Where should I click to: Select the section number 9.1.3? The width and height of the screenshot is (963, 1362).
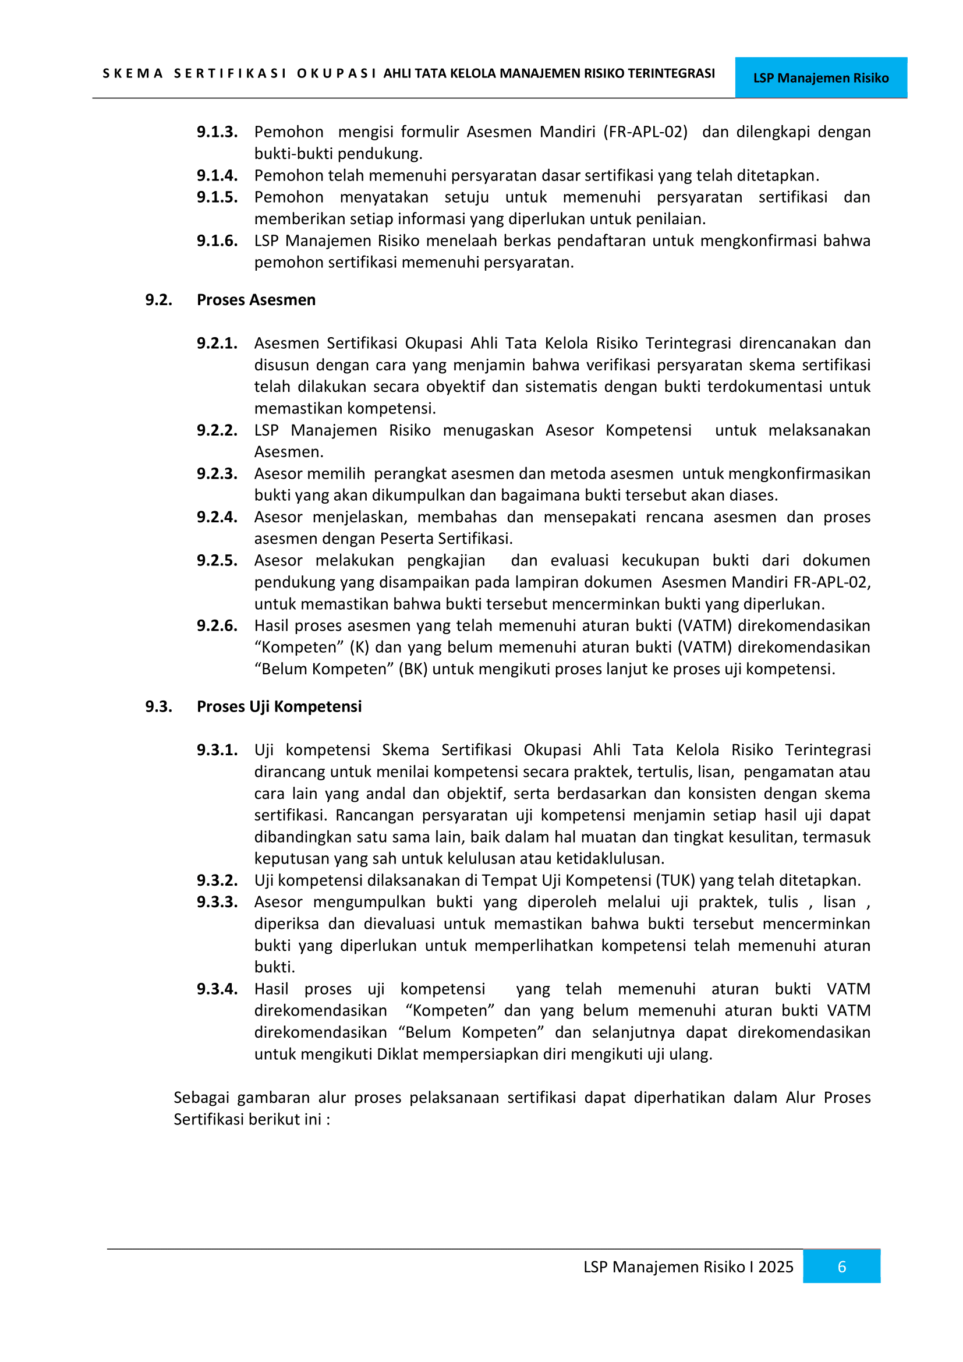[217, 132]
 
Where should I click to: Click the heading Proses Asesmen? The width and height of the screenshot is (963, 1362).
[256, 299]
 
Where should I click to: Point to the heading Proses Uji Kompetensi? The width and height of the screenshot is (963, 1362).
[279, 706]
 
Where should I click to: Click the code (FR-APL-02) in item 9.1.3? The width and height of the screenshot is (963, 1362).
[645, 132]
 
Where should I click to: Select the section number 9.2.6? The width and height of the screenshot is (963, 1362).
[217, 625]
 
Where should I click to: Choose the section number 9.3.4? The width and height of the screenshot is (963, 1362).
[217, 988]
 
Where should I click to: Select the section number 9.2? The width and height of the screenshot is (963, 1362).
[158, 299]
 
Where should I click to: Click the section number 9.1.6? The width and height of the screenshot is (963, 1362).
[217, 240]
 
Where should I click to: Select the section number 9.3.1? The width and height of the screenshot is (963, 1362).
[217, 749]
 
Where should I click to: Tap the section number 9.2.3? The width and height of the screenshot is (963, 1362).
[217, 473]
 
